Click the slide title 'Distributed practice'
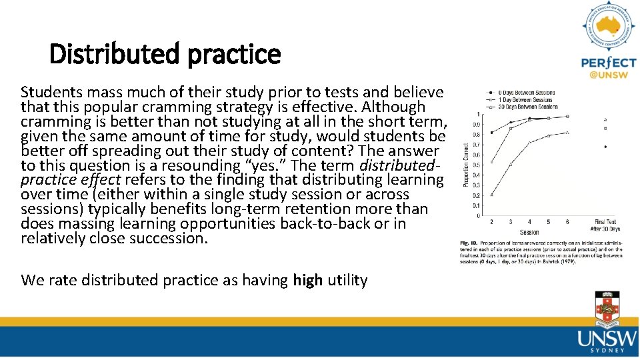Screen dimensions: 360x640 tap(165, 54)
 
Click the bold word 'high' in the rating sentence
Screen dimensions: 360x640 tap(307, 280)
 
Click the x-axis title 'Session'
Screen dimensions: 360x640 tap(529, 233)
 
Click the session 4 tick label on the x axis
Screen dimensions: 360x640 tap(529, 222)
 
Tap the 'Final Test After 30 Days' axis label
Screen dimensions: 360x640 tap(605, 225)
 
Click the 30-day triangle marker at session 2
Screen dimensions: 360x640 tap(491, 195)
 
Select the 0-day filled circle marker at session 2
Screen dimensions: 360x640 tap(491, 132)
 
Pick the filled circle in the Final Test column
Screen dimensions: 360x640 tap(605, 146)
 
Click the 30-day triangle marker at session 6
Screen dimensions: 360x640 tap(567, 133)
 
